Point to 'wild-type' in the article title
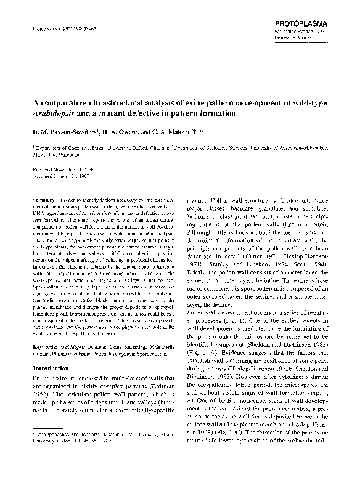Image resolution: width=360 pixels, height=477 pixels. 299,103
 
